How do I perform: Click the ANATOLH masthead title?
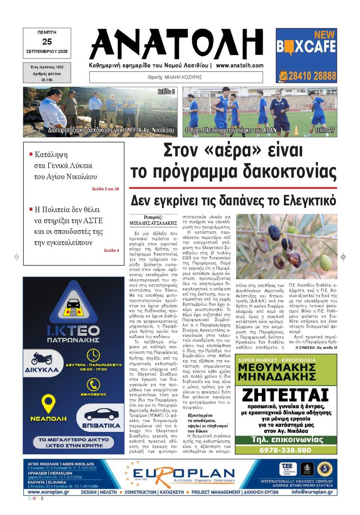[176, 44]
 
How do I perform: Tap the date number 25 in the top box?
[47, 42]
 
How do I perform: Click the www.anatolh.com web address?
[240, 65]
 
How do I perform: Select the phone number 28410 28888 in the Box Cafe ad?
[312, 76]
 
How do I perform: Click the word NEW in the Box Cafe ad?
[324, 35]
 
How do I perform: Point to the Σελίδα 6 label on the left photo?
[166, 92]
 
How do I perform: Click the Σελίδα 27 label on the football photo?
[324, 130]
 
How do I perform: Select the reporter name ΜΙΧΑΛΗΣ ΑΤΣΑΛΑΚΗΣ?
[153, 223]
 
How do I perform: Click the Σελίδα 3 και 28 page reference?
[105, 189]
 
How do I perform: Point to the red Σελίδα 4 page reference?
[111, 250]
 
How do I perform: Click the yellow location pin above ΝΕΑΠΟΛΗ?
[48, 403]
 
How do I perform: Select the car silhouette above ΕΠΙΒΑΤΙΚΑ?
[101, 415]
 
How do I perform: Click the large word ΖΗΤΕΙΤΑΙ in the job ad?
[285, 395]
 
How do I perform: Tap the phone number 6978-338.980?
[285, 450]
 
